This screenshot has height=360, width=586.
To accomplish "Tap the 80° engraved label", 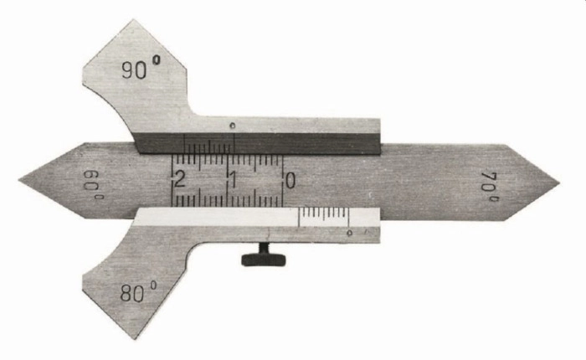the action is tap(138, 291).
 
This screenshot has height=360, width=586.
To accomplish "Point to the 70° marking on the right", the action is tap(490, 187).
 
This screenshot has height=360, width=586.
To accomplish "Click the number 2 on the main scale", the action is tap(180, 180).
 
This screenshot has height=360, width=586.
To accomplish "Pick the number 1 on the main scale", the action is tap(233, 180).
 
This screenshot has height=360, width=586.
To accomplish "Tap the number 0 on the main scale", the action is tap(290, 181).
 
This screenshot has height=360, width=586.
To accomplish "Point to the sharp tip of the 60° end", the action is tap(19, 180).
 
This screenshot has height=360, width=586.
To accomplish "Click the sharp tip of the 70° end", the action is tap(559, 183).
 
